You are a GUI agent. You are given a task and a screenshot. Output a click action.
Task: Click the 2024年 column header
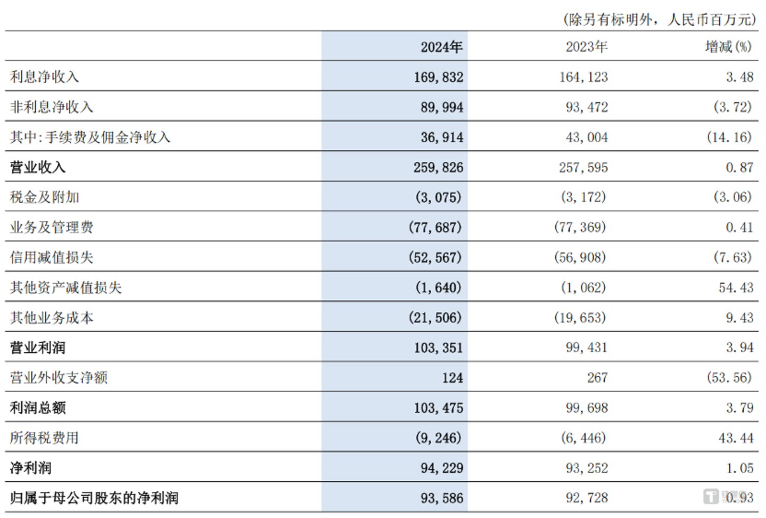point(441,47)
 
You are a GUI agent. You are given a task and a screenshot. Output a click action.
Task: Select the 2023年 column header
point(586,47)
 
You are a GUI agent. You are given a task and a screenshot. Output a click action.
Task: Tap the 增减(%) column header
point(728,47)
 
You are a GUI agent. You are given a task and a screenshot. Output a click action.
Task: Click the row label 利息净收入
point(44,77)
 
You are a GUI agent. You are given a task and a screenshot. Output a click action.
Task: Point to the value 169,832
point(439,77)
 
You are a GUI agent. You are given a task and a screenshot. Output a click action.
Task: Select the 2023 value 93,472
point(586,107)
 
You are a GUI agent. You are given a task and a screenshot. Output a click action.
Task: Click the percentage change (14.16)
point(729,137)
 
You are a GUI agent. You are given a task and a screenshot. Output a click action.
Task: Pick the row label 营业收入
point(37,167)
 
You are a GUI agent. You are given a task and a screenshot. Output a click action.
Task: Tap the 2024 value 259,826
point(439,168)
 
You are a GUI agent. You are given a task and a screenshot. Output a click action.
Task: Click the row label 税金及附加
point(44,197)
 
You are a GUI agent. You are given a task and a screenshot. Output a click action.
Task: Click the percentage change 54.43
point(736,288)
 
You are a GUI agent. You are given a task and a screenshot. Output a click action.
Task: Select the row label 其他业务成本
point(52,318)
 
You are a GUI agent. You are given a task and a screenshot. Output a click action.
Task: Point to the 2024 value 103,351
point(439,348)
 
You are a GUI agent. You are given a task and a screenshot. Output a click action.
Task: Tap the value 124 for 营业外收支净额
point(452,378)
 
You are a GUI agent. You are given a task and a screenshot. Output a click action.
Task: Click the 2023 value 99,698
point(586,408)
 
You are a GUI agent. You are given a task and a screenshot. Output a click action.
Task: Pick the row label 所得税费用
point(44,438)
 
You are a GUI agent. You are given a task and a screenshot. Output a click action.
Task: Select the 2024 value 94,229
point(441,468)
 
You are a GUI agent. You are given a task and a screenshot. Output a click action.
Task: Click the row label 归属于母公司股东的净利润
point(94,498)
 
